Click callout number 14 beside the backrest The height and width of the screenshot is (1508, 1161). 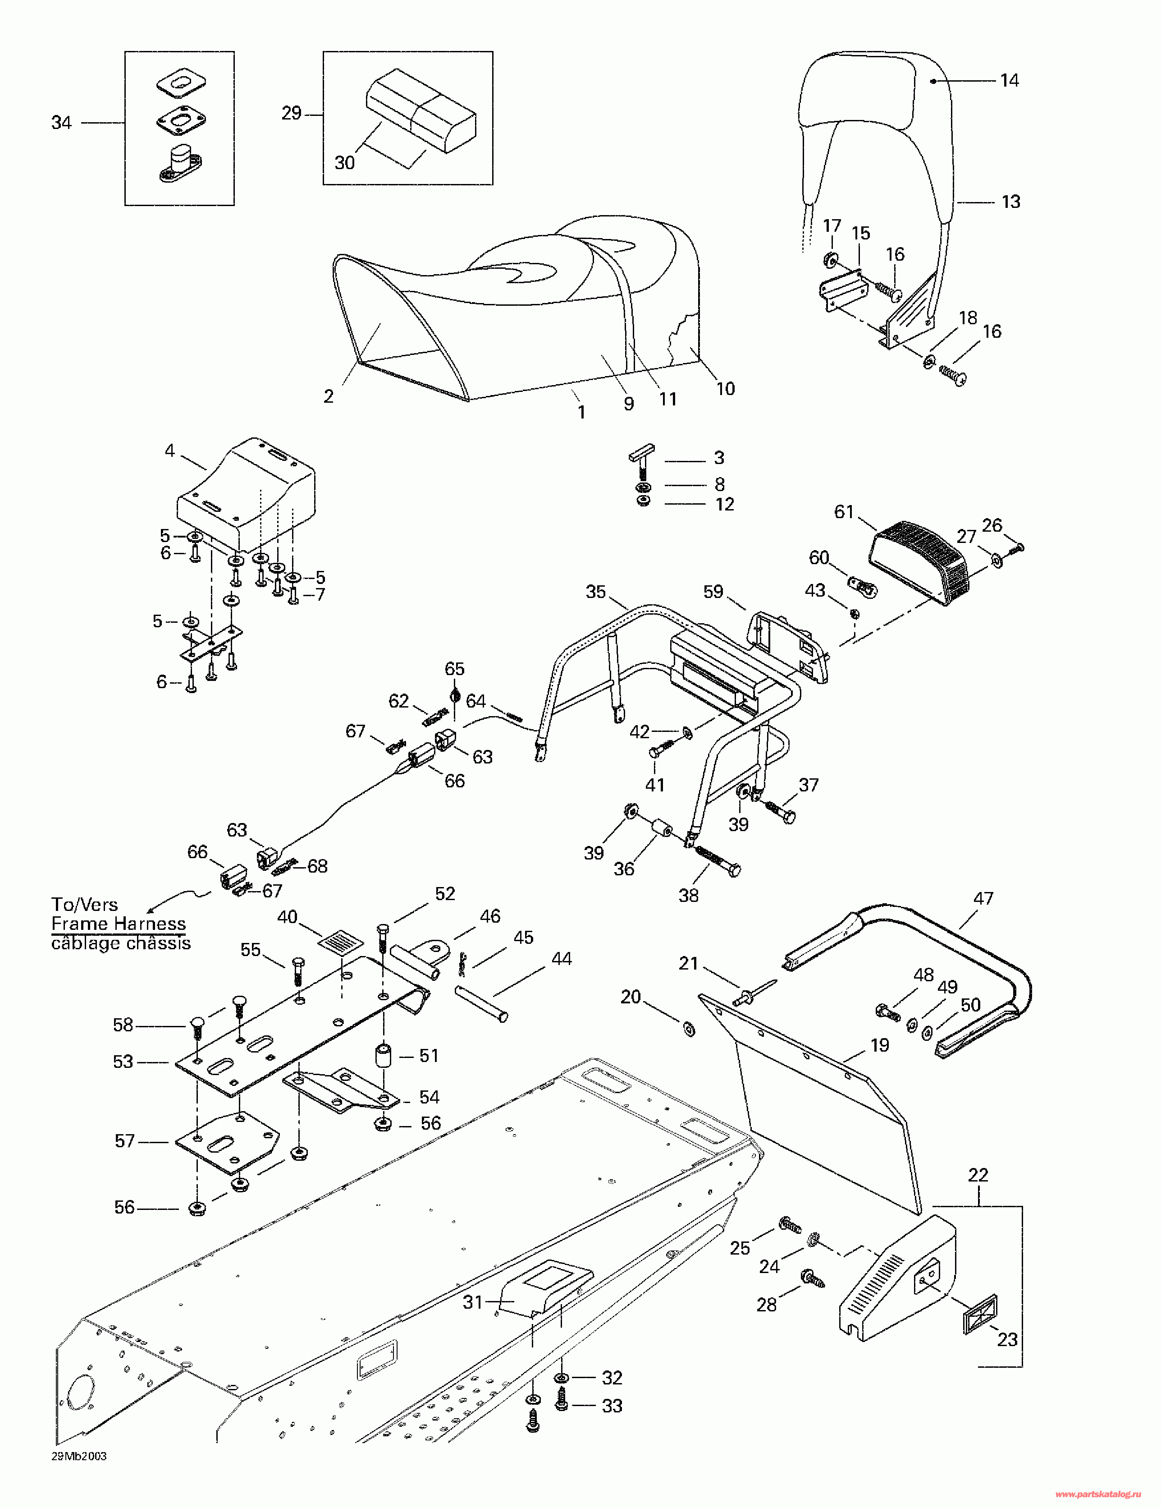coord(1009,81)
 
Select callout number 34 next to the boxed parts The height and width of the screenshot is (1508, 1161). coord(61,123)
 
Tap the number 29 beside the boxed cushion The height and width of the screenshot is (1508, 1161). coord(291,113)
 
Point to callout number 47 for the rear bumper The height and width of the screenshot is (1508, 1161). coord(983,898)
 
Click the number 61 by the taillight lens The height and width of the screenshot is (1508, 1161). coord(844,512)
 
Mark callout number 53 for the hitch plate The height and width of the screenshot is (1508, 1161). coord(123,1061)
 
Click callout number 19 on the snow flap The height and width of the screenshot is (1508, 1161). coord(879,1045)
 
